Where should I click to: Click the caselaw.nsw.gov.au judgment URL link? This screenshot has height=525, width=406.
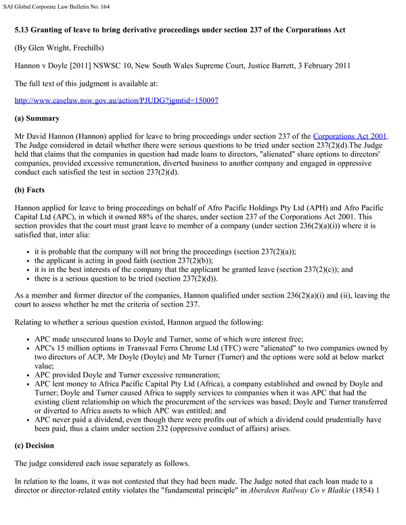pos(116,100)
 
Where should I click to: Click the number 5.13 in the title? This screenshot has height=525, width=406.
pos(25,30)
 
